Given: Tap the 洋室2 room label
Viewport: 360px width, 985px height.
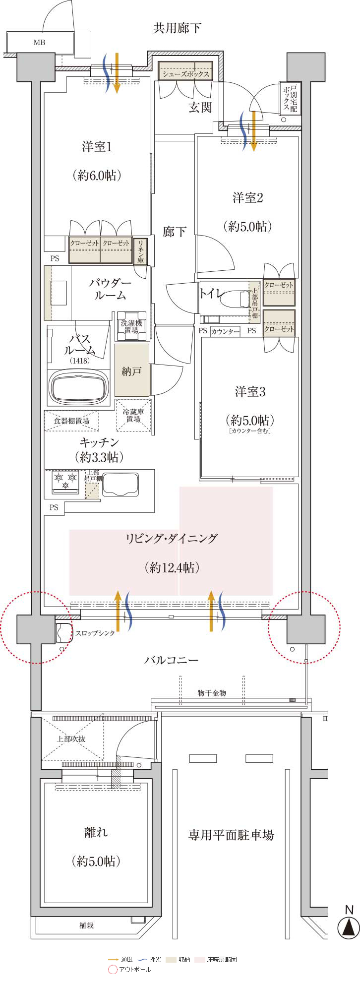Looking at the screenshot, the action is coord(248,198).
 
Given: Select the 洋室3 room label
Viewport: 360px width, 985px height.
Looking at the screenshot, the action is coord(250,392).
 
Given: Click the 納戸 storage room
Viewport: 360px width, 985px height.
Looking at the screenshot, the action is coord(131,370).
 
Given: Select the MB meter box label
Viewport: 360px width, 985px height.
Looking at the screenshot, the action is coord(39,43).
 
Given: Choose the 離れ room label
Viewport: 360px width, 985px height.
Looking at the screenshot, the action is coord(96,832).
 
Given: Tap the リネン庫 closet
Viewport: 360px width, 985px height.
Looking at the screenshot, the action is coord(140,251).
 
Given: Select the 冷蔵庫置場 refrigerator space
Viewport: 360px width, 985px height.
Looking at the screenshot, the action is coord(133,415).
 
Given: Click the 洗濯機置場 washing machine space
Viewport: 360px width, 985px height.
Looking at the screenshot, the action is coord(131,326).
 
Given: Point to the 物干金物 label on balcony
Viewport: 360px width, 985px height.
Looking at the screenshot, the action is coord(212,693).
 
